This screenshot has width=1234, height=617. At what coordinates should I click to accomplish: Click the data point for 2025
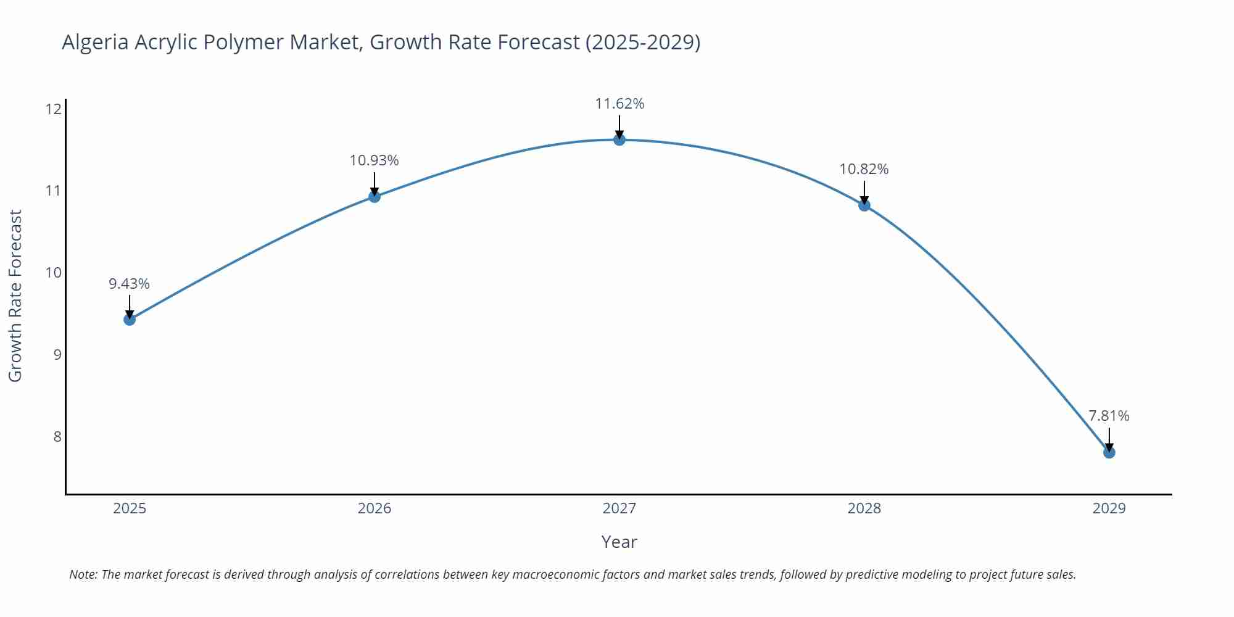130,319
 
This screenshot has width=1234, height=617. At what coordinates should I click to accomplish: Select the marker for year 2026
375,196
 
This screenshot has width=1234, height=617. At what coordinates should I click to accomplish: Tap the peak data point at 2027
619,140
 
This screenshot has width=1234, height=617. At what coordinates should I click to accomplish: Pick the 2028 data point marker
864,205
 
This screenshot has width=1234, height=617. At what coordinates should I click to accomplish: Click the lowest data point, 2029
1109,452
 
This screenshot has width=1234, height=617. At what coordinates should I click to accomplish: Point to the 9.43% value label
130,284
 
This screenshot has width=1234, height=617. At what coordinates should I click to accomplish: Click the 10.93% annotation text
375,160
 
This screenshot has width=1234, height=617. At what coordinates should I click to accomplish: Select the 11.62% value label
619,104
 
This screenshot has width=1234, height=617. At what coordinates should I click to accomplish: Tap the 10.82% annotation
864,169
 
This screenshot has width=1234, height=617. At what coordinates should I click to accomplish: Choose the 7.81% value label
1109,416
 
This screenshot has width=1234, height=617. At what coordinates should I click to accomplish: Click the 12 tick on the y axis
54,109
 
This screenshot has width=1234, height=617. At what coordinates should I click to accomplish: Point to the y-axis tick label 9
57,355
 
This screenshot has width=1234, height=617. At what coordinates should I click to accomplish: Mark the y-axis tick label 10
54,273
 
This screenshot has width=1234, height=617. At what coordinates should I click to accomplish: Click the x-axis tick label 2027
619,508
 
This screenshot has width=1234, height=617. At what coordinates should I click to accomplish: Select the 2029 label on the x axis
1109,508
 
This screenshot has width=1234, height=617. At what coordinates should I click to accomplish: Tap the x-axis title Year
619,542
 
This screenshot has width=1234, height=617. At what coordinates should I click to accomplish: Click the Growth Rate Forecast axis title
15,296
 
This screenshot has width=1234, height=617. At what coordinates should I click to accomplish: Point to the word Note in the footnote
83,574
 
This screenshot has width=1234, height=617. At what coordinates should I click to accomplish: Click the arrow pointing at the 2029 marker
1109,439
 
